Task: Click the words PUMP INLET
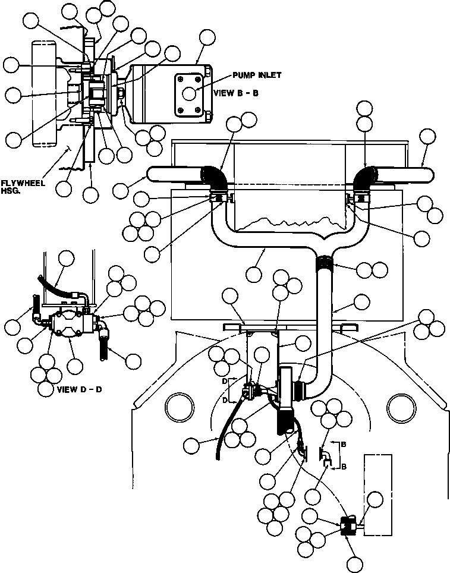[x=257, y=75]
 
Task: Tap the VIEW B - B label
[x=236, y=93]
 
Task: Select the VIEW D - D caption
[x=80, y=389]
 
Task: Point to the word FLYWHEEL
[x=23, y=182]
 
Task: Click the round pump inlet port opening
[x=189, y=94]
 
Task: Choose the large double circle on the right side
[x=402, y=408]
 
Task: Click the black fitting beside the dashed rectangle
[x=348, y=526]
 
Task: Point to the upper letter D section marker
[x=225, y=382]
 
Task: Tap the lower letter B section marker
[x=344, y=467]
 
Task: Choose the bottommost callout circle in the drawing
[x=354, y=564]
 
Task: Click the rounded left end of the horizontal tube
[x=150, y=173]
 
